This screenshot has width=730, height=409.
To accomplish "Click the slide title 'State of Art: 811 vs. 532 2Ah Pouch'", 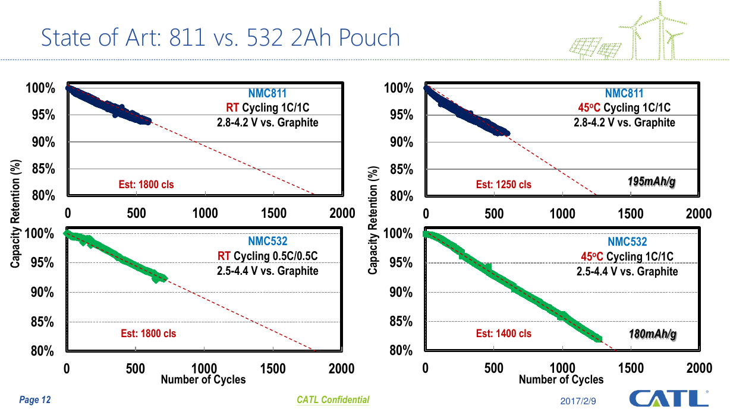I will point(220,38).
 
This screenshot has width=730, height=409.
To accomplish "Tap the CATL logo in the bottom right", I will point(668,398).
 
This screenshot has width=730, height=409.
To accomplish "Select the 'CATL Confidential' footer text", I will point(333,400).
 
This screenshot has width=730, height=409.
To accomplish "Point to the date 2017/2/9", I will point(579,402).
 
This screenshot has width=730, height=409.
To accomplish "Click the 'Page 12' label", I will point(35,400).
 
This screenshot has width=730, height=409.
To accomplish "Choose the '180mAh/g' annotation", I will point(652,335).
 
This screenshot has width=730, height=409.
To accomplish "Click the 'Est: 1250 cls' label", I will point(504,185).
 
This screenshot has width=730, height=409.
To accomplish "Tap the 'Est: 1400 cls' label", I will point(504,334).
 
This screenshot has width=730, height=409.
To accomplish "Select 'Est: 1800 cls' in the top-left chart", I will point(146,185).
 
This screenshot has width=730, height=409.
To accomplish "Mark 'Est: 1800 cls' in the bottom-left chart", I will point(148,334).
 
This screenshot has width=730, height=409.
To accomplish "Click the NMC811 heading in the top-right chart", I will point(624,93).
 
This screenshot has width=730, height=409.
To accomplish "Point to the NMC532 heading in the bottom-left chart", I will point(268,241).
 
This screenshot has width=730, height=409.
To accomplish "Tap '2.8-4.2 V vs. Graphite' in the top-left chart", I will point(268,122).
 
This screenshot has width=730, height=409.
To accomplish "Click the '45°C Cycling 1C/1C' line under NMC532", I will point(627,256).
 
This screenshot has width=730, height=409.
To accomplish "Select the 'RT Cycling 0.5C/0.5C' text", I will point(268,256).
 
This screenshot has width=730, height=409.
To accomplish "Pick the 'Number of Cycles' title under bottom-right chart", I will point(561,379).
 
